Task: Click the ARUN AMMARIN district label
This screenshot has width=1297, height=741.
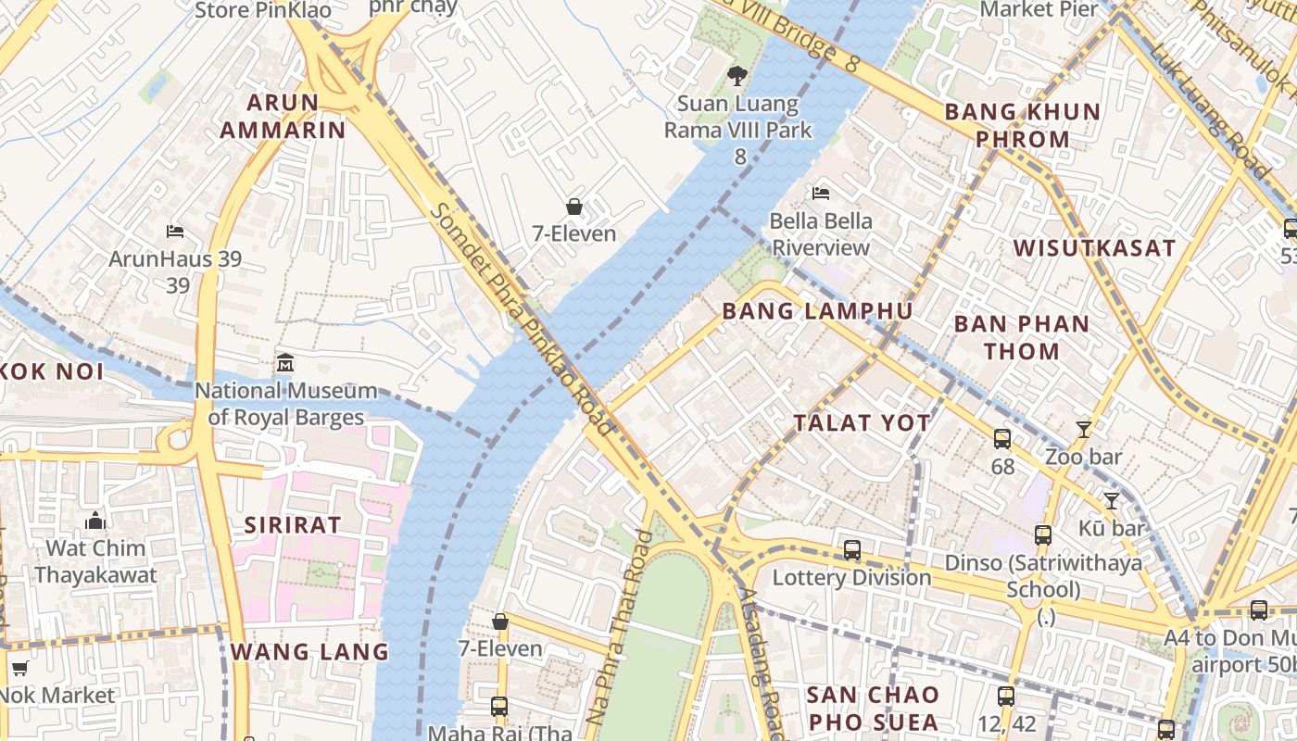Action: point(283,116)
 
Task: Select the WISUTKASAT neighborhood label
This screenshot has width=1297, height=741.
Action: point(1094,248)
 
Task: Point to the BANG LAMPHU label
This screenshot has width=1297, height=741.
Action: point(817,311)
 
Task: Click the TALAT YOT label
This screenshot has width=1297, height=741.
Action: point(862,423)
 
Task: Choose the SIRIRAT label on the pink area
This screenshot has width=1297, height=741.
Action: point(293,525)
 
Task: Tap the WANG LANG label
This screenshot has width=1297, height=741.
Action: point(309,652)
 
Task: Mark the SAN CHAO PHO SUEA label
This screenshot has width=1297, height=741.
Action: point(872,708)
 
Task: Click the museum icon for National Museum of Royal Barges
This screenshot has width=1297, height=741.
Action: point(285,363)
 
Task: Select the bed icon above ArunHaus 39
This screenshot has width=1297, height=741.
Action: point(175,231)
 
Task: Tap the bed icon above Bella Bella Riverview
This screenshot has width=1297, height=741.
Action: point(821,194)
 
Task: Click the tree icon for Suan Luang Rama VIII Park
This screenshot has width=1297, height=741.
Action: point(737,76)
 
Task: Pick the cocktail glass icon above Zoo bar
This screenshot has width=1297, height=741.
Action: point(1083,429)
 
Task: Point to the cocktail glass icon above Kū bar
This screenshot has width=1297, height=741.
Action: point(1112,501)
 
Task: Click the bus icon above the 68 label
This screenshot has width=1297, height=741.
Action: point(1002,439)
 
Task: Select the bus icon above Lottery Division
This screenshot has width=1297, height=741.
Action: point(852,550)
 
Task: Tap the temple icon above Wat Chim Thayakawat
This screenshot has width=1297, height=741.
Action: point(95,521)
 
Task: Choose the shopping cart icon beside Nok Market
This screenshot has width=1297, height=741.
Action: point(19,668)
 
